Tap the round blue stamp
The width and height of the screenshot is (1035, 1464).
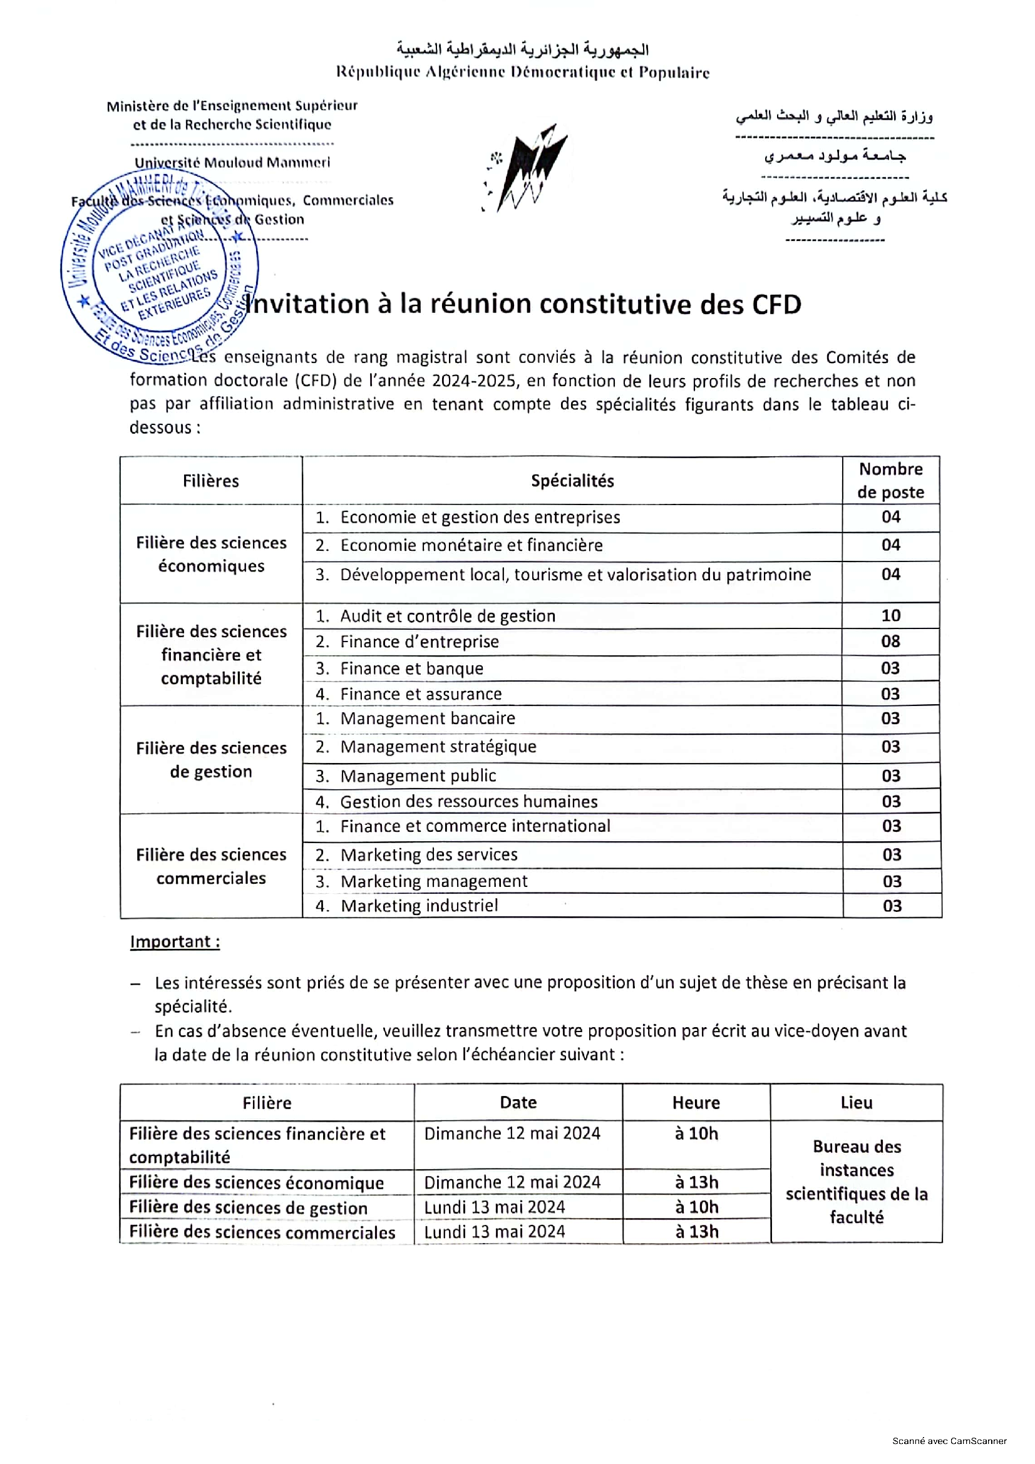pyautogui.click(x=160, y=268)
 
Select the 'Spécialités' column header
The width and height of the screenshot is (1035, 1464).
pyautogui.click(x=572, y=481)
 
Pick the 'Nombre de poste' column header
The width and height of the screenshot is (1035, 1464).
pyautogui.click(x=890, y=480)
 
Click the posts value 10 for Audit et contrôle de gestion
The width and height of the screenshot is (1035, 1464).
pyautogui.click(x=890, y=615)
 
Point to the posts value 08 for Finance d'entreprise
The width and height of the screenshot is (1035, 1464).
pyautogui.click(x=890, y=642)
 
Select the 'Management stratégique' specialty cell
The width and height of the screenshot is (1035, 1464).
pyautogui.click(x=438, y=747)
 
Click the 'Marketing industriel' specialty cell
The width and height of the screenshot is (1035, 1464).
pyautogui.click(x=419, y=906)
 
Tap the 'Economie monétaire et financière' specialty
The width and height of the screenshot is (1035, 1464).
pyautogui.click(x=471, y=545)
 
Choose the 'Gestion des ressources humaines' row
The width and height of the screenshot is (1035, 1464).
pyautogui.click(x=469, y=802)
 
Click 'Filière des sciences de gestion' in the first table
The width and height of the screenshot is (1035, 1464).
pyautogui.click(x=211, y=759)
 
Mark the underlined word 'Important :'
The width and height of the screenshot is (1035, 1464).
pyautogui.click(x=175, y=942)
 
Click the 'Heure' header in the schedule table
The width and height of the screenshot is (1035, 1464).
pyautogui.click(x=696, y=1103)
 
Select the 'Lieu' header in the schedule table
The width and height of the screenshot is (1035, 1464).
pyautogui.click(x=856, y=1103)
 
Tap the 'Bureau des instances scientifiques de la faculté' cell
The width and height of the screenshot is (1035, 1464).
pyautogui.click(x=856, y=1182)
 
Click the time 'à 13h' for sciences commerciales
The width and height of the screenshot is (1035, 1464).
pyautogui.click(x=696, y=1231)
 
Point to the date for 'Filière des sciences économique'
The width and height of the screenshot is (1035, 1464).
pyautogui.click(x=512, y=1182)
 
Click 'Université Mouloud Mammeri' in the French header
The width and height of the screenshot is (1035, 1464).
pyautogui.click(x=232, y=162)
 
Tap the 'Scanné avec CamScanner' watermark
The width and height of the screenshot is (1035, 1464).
pyautogui.click(x=949, y=1441)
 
